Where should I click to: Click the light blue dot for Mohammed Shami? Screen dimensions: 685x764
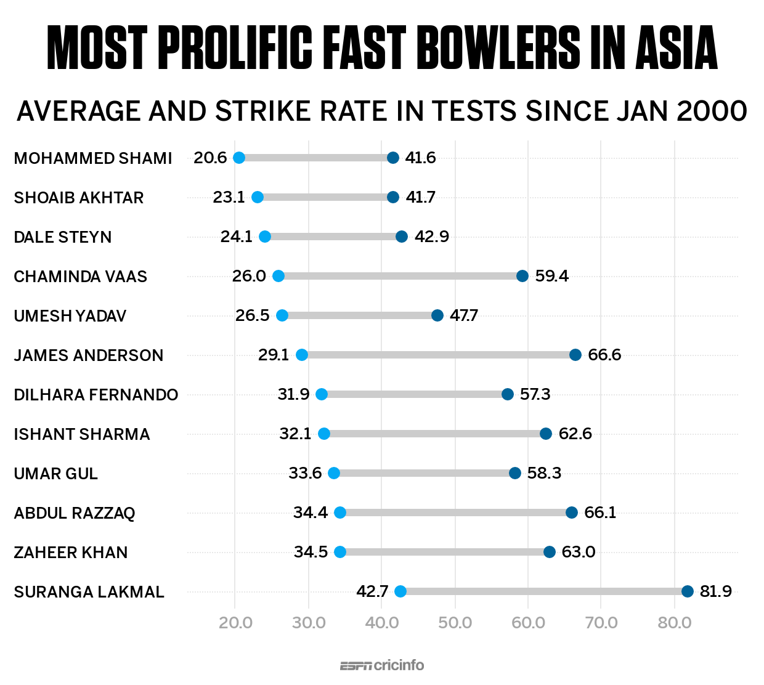[239, 158]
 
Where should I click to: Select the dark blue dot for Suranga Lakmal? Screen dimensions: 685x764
[688, 591]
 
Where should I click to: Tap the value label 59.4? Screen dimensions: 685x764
[551, 276]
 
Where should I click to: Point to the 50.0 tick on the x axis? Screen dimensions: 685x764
[455, 623]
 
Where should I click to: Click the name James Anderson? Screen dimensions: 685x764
[89, 355]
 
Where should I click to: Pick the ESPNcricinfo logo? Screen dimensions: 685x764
[382, 665]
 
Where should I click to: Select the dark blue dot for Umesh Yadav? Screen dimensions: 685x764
[437, 315]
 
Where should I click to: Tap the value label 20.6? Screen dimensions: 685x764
[210, 158]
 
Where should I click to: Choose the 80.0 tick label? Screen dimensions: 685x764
[675, 623]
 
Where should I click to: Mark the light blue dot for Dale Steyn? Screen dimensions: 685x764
[265, 237]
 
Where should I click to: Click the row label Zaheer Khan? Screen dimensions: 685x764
[71, 553]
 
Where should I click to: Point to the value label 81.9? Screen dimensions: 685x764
[716, 591]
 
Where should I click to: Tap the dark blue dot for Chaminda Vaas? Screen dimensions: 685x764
[522, 276]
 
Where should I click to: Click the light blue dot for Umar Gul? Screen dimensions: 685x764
[334, 473]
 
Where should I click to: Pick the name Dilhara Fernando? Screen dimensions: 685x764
[96, 395]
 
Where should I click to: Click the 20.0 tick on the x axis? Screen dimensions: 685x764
[235, 623]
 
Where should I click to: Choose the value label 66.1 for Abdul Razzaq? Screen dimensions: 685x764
[600, 513]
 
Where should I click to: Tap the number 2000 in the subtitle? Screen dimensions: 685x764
[712, 111]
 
